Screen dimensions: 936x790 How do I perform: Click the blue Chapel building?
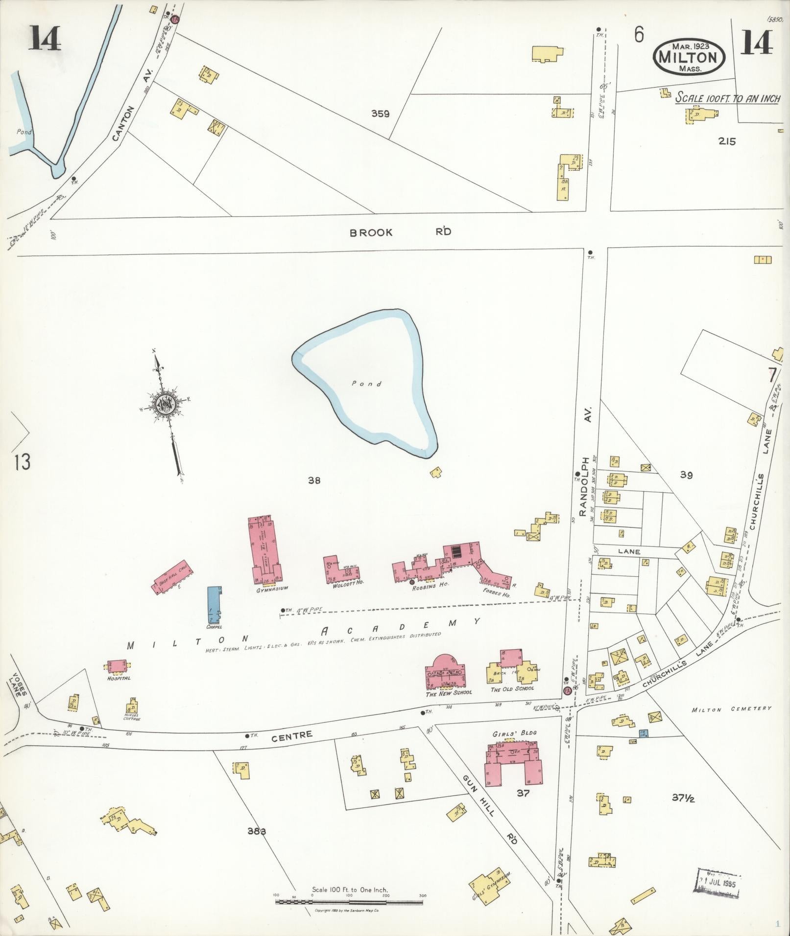(x=214, y=604)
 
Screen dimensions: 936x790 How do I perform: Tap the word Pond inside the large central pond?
(x=366, y=384)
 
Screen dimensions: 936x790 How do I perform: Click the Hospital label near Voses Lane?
(x=119, y=678)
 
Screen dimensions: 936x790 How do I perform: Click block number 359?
(x=380, y=114)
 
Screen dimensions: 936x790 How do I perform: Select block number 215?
(x=727, y=141)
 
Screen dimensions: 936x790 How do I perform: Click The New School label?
(x=448, y=692)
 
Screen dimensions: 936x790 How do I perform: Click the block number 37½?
(x=683, y=799)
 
